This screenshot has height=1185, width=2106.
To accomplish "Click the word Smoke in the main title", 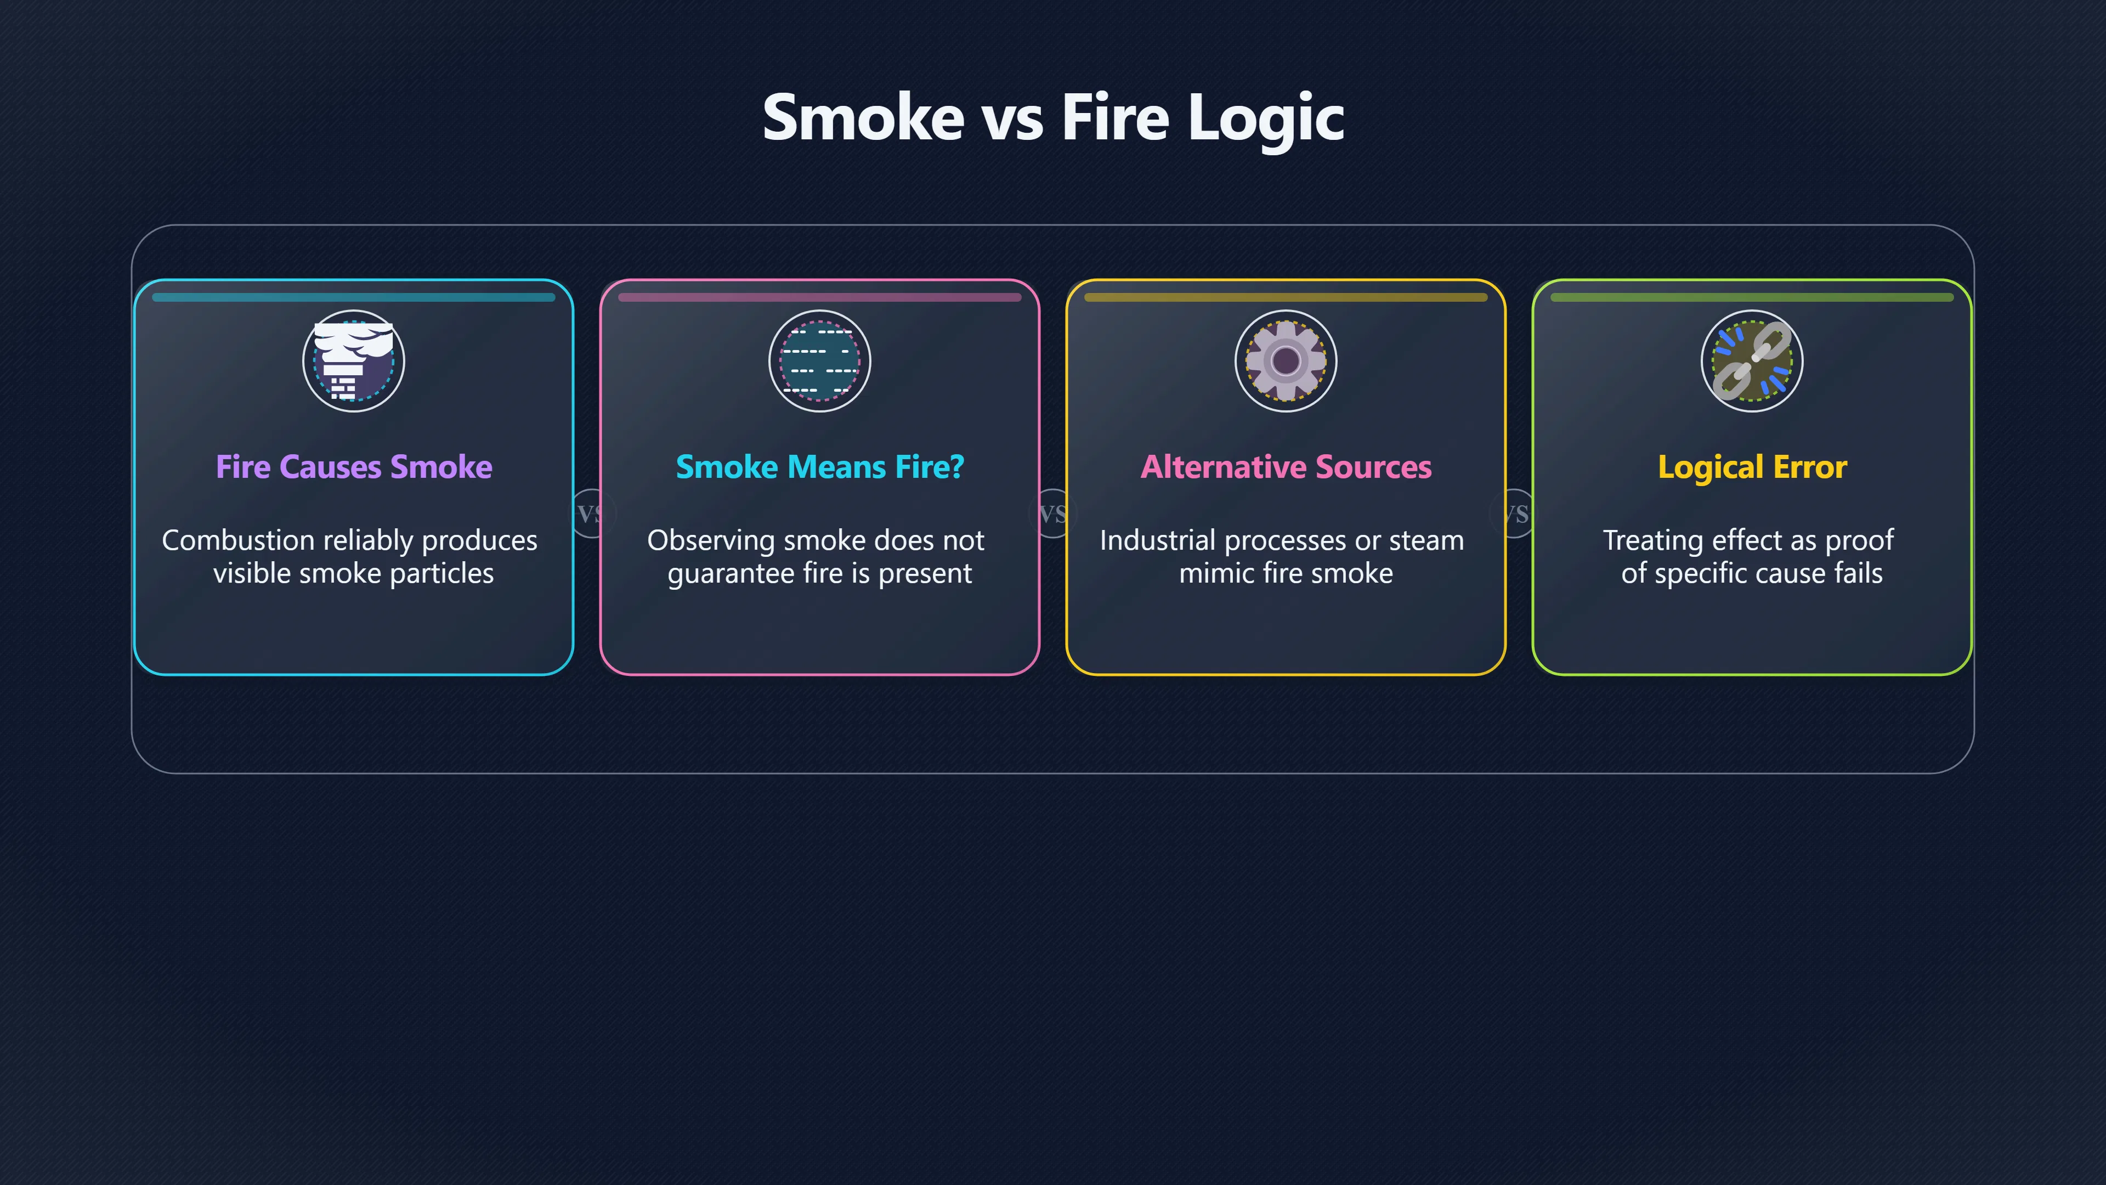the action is [863, 118].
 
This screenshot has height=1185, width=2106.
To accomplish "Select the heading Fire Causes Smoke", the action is [354, 467].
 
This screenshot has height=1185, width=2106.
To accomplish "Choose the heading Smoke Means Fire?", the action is [820, 467].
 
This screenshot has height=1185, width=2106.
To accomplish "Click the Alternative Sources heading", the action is [1286, 467].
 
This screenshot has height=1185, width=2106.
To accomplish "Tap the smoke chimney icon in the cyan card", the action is [354, 360].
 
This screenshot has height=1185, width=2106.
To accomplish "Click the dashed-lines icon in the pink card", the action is [820, 360].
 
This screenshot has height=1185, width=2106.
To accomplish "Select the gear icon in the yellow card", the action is [1286, 360].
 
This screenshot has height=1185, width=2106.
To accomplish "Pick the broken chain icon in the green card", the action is [1752, 360].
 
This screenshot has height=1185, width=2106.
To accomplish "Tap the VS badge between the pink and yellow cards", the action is [1053, 513].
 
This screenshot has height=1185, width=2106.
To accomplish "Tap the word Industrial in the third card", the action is [1157, 540].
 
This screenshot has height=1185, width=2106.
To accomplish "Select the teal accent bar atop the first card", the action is [354, 298].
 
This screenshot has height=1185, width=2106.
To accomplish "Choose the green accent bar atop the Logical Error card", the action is [1752, 298].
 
